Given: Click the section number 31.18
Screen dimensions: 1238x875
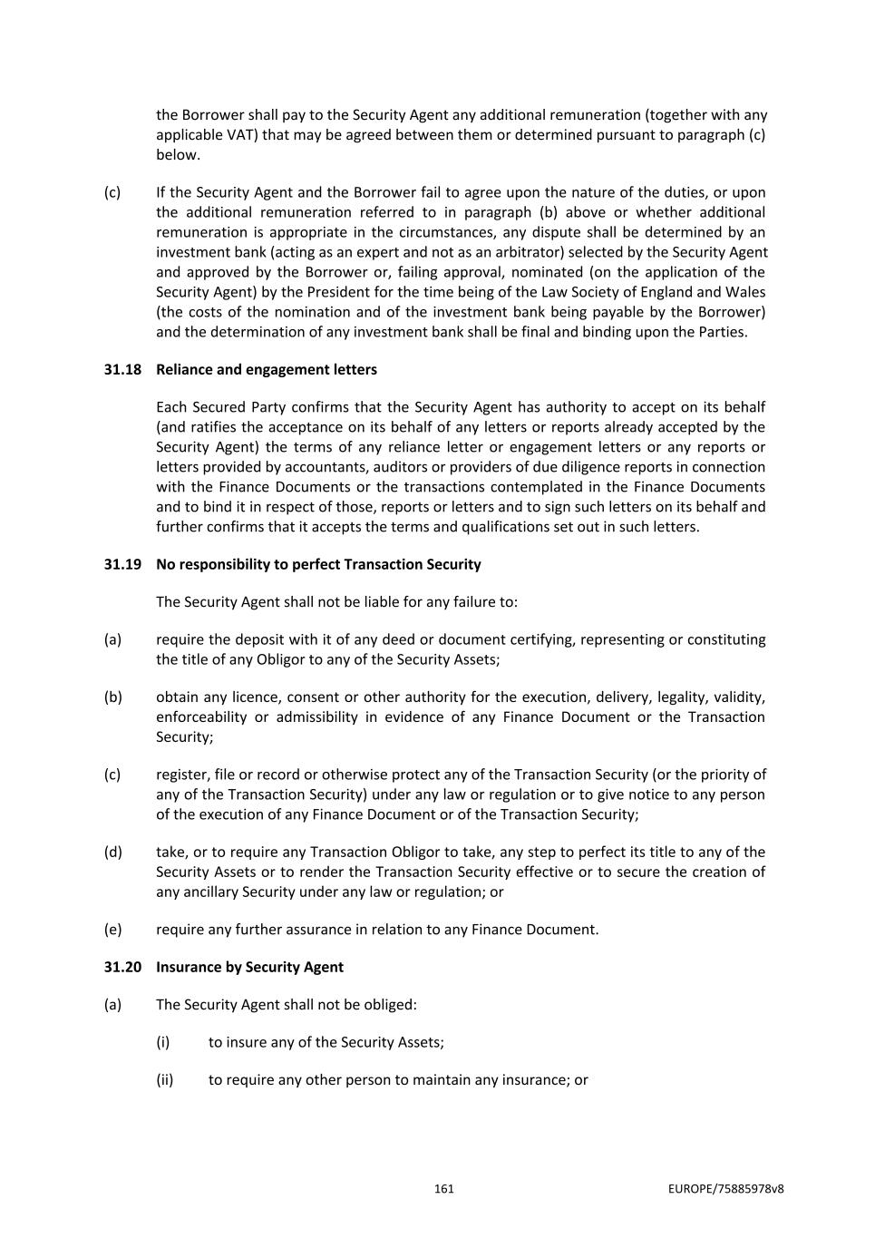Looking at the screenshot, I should [122, 369].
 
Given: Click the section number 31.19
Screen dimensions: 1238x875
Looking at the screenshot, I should [122, 564].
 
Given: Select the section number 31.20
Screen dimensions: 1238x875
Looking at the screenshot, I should [122, 967].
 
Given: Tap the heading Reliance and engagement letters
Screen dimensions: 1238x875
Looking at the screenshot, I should [267, 369].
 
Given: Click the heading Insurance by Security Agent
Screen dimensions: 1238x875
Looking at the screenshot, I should [249, 967].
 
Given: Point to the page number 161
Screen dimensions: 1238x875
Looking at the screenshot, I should [443, 1189].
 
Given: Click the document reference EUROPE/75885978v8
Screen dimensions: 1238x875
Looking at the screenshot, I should [726, 1189].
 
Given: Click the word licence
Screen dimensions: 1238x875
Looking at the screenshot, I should [256, 697].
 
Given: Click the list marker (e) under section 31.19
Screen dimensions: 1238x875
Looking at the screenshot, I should [112, 930].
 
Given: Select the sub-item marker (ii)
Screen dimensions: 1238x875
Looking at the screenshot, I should [164, 1080].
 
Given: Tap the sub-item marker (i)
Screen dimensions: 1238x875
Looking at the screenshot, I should [162, 1042].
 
